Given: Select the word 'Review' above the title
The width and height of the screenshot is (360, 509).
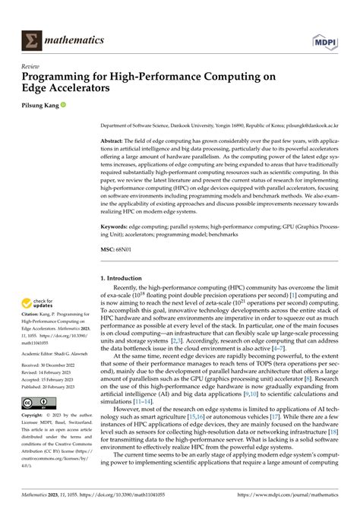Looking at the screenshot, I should point(32,66).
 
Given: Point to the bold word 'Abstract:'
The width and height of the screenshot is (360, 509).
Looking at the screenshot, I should point(115,142).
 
